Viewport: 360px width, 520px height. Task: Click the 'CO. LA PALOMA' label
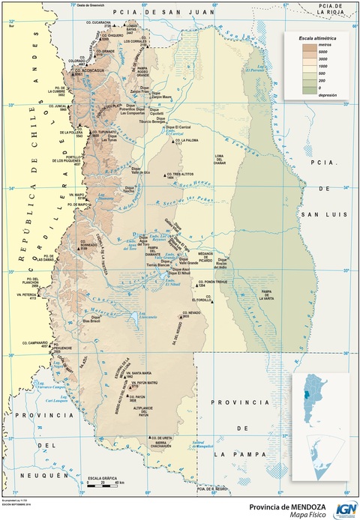[185, 140]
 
